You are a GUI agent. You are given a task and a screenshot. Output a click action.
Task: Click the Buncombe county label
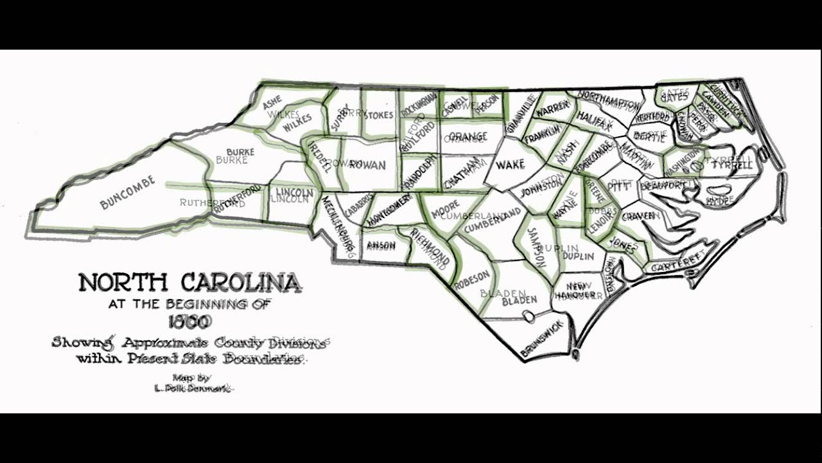(x=128, y=192)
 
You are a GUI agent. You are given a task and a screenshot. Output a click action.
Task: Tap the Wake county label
(x=511, y=165)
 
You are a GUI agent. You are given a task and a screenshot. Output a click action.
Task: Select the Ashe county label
(x=272, y=101)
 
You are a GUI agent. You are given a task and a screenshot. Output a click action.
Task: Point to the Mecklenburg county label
(x=337, y=222)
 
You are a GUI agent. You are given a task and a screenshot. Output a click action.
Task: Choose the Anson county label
(x=381, y=245)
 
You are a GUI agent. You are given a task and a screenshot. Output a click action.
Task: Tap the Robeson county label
(x=472, y=280)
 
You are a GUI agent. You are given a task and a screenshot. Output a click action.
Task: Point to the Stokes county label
(x=378, y=115)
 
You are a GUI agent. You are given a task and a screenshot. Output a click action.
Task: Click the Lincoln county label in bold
(x=294, y=192)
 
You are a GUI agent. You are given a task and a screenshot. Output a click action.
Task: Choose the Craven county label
(x=637, y=215)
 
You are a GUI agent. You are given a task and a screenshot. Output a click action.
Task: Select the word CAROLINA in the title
(x=240, y=282)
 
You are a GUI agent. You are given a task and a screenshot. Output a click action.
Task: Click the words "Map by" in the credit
(x=191, y=377)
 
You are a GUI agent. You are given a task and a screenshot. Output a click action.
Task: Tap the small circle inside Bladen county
(x=528, y=316)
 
